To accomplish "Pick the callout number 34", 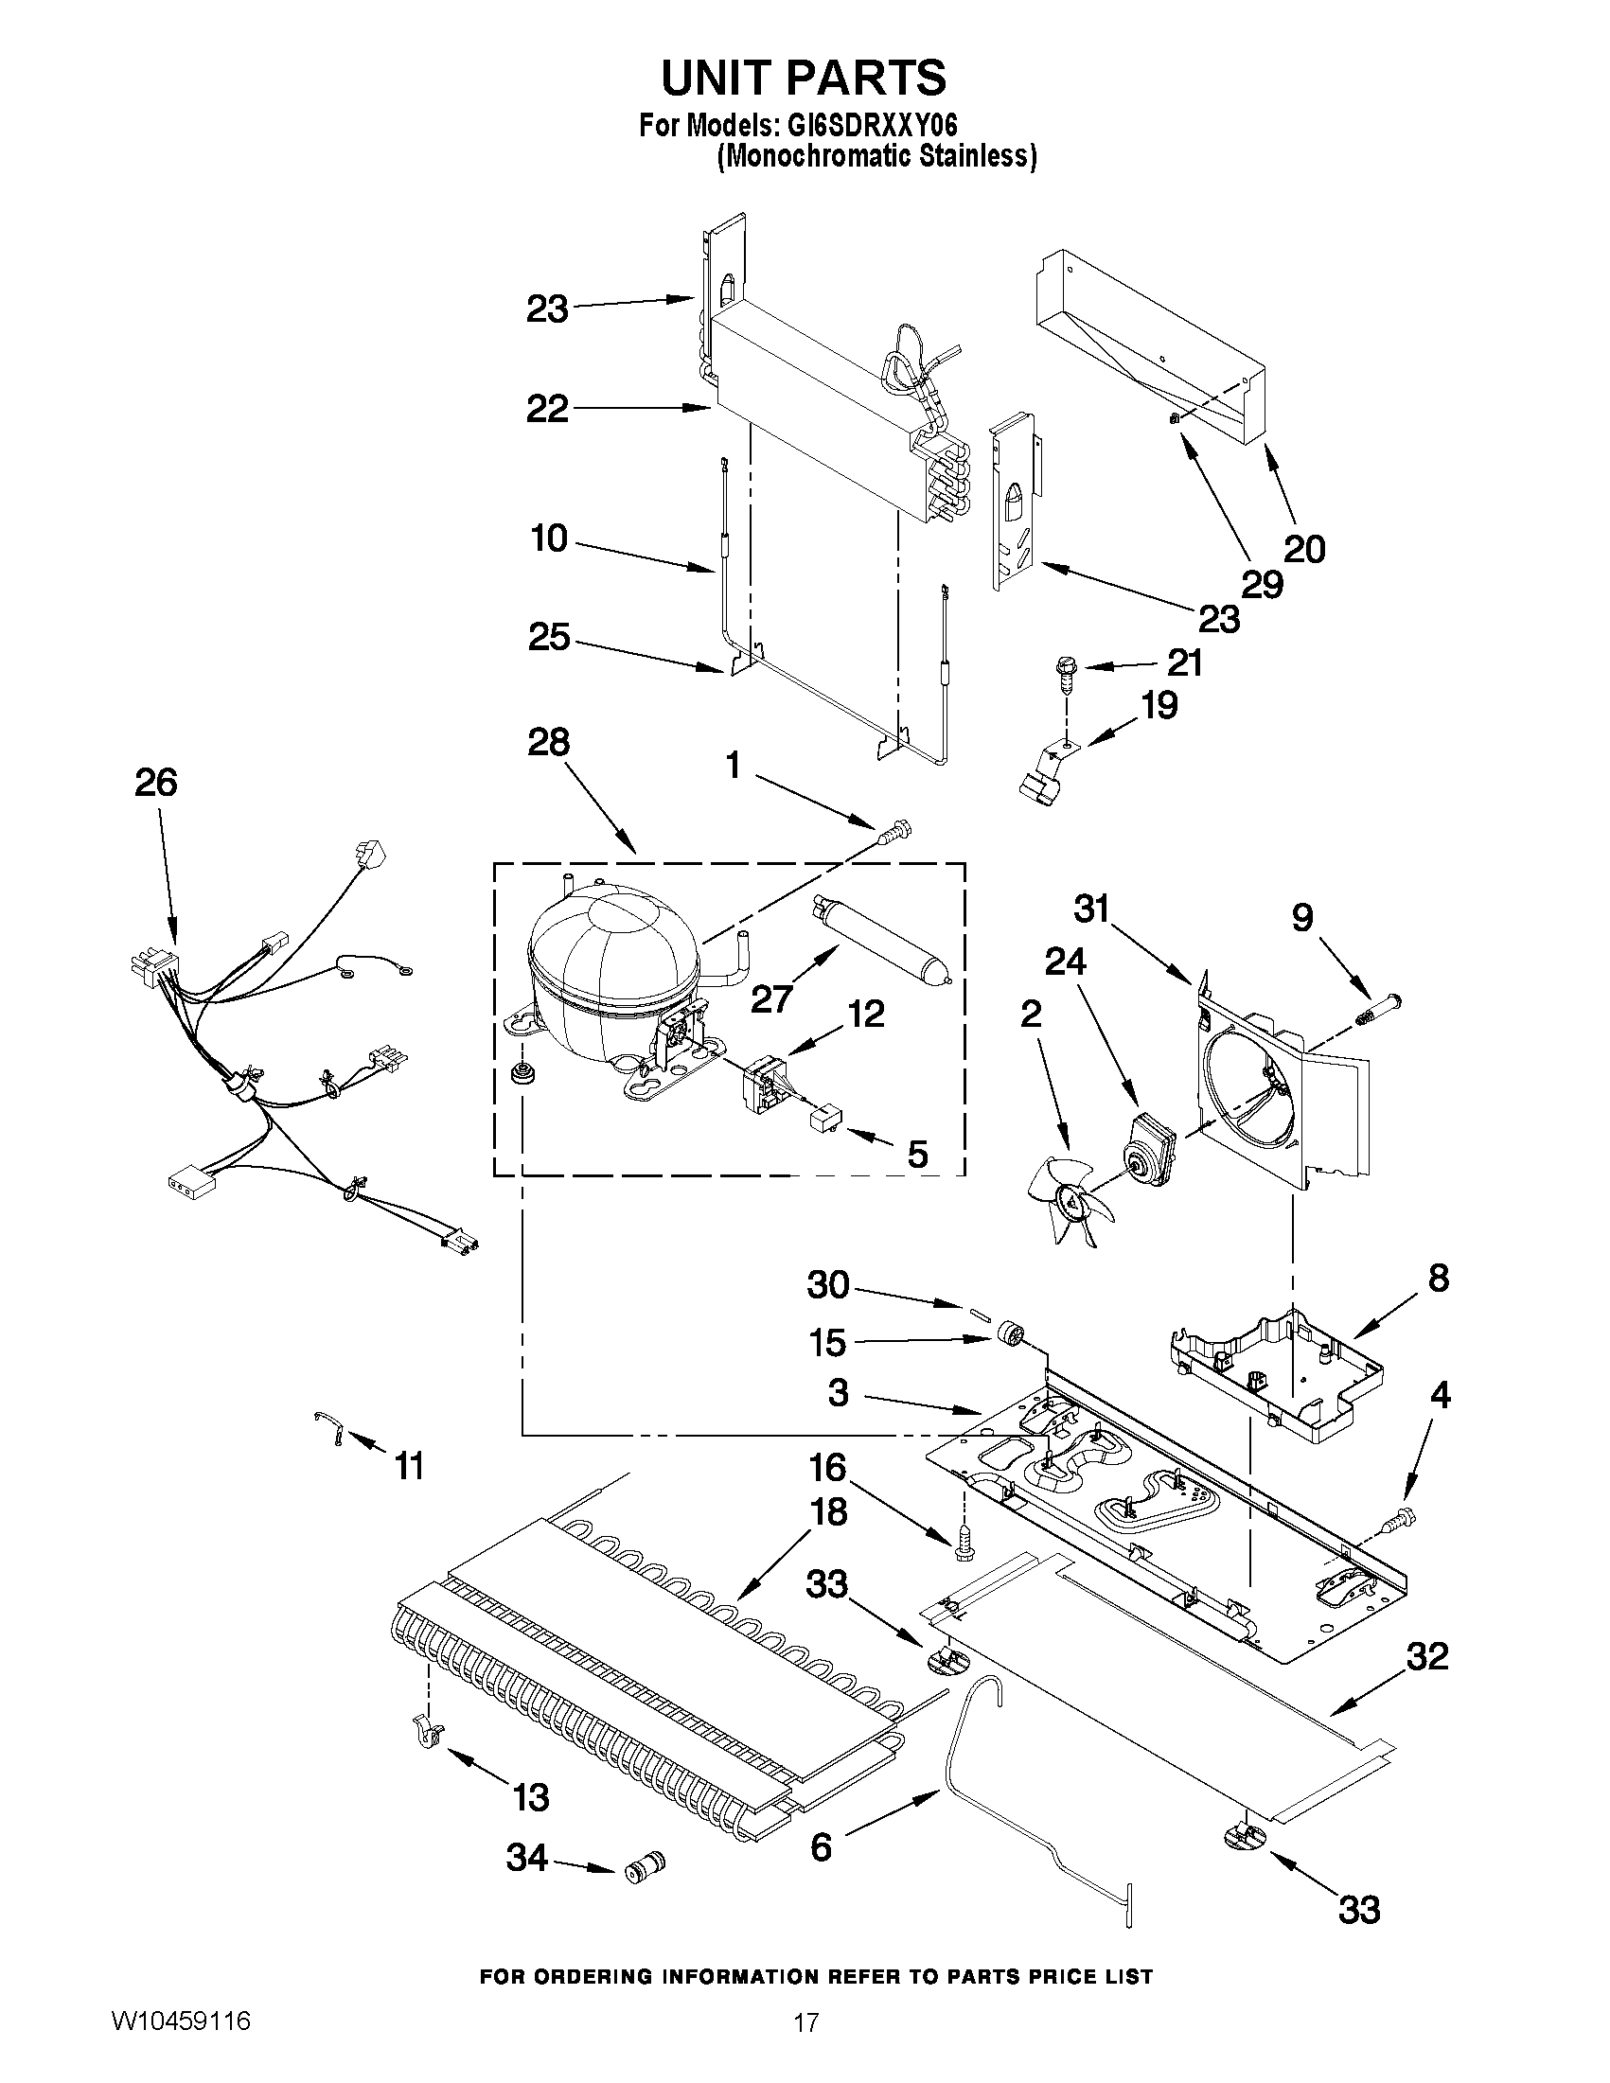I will pyautogui.click(x=526, y=1856).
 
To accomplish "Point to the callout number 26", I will pyautogui.click(x=155, y=782).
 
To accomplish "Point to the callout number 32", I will pyautogui.click(x=1427, y=1656).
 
